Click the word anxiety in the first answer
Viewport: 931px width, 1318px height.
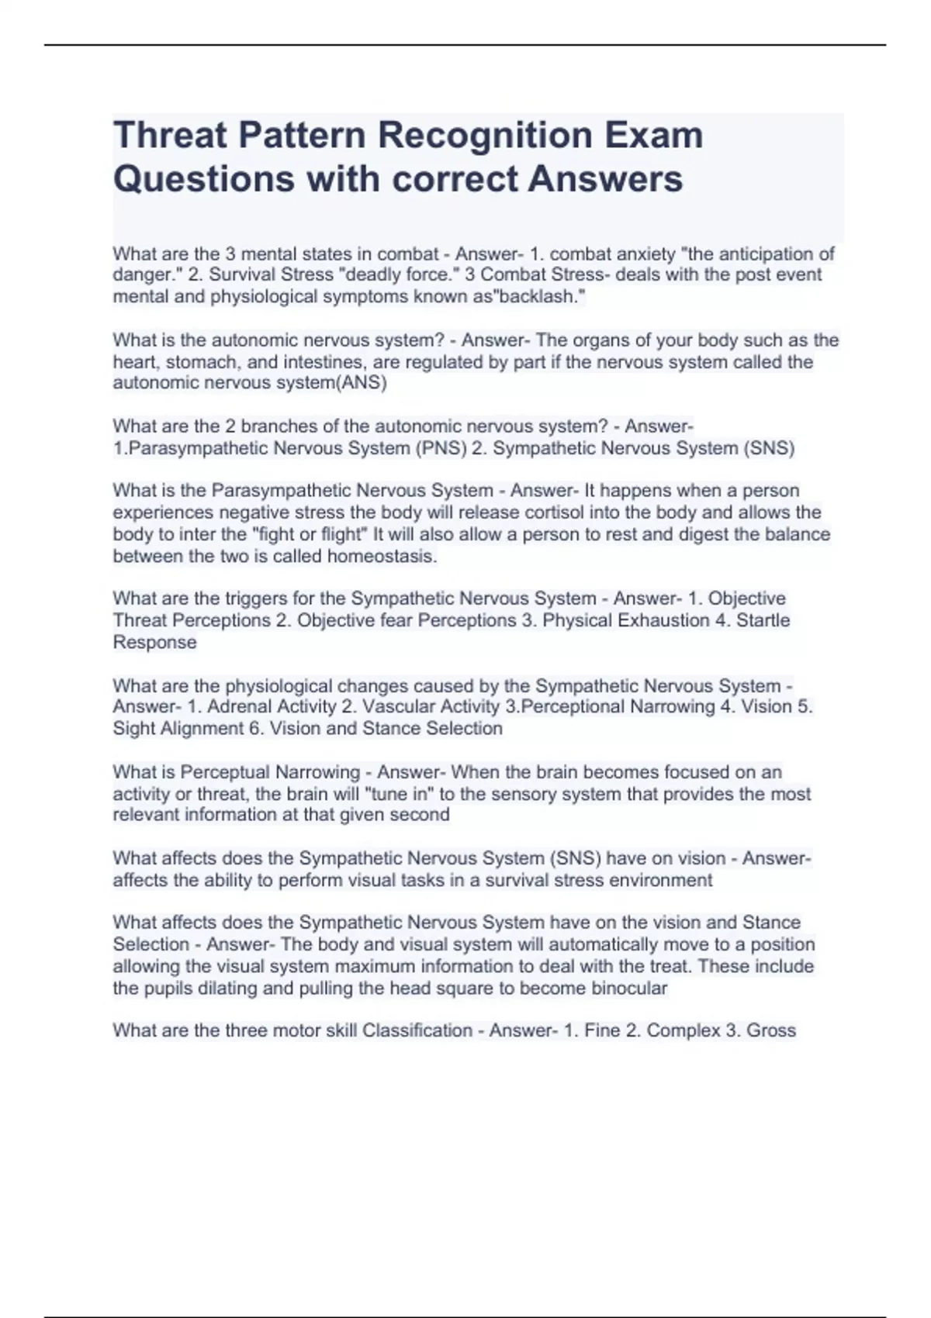pyautogui.click(x=645, y=254)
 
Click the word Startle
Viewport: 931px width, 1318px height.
pyautogui.click(x=763, y=620)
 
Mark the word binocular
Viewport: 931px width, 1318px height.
pyautogui.click(x=629, y=988)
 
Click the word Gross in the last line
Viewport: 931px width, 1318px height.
pyautogui.click(x=771, y=1030)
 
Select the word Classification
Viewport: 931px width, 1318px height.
pyautogui.click(x=417, y=1030)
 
